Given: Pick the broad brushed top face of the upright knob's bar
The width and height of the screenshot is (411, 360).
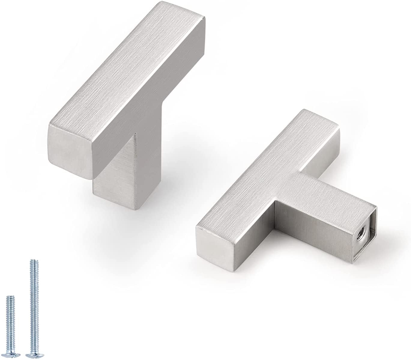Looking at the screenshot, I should tap(120, 69).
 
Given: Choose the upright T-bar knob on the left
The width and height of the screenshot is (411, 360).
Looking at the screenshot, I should tap(126, 102).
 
